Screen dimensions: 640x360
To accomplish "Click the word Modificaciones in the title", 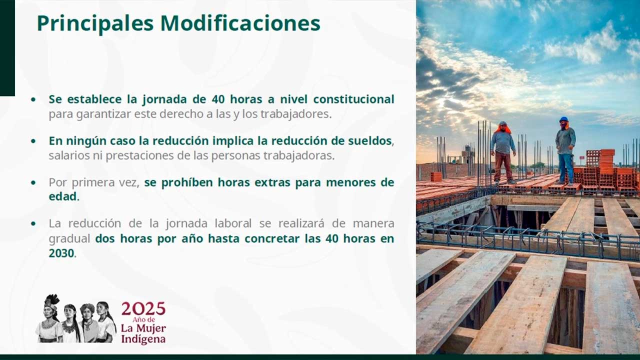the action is (240, 23).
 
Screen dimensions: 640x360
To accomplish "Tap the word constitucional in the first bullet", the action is (353, 99).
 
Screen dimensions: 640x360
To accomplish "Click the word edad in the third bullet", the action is (63, 196).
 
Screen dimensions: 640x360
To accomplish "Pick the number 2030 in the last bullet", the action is (61, 253).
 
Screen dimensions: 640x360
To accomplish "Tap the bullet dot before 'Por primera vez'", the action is (33, 182).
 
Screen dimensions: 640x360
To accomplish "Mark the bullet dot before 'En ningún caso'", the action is (33, 141).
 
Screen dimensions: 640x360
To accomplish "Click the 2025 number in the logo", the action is (143, 309).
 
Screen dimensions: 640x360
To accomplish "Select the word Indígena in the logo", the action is (143, 339).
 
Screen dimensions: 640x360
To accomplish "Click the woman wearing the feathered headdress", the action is (48, 318).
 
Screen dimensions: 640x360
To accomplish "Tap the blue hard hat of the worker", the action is (563, 119).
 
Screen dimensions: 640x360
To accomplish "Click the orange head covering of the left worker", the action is (503, 127).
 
